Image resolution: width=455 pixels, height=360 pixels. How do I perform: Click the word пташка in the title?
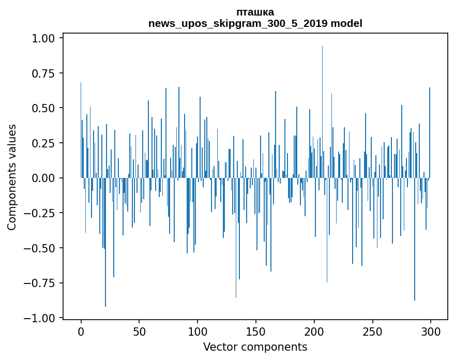coord(255,12)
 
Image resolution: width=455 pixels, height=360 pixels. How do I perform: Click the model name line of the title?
coord(255,23)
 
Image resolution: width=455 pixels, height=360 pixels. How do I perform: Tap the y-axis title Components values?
coord(12,177)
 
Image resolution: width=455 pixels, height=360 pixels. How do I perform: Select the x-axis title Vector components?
coord(255,347)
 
